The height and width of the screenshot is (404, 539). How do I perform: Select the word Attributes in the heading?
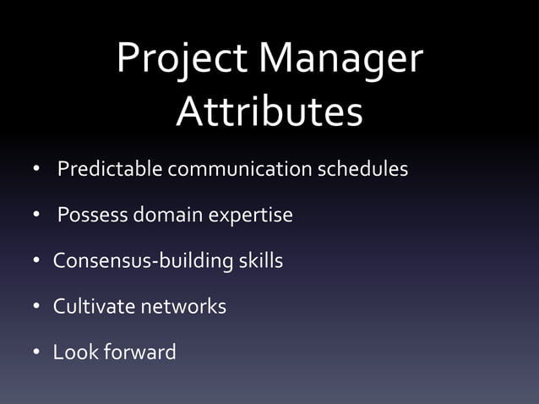click(269, 112)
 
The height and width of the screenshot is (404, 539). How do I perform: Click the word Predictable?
click(110, 169)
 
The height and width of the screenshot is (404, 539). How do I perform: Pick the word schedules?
click(362, 169)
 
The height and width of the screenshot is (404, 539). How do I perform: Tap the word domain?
click(167, 216)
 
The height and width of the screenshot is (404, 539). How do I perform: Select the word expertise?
click(251, 216)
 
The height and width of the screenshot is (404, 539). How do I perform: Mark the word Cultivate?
click(90, 306)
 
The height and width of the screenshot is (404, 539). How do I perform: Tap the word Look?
click(74, 352)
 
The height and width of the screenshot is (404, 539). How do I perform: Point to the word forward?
click(139, 352)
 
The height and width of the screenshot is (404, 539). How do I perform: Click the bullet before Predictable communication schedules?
click(37, 171)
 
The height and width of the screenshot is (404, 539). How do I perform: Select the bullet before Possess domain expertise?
click(37, 216)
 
